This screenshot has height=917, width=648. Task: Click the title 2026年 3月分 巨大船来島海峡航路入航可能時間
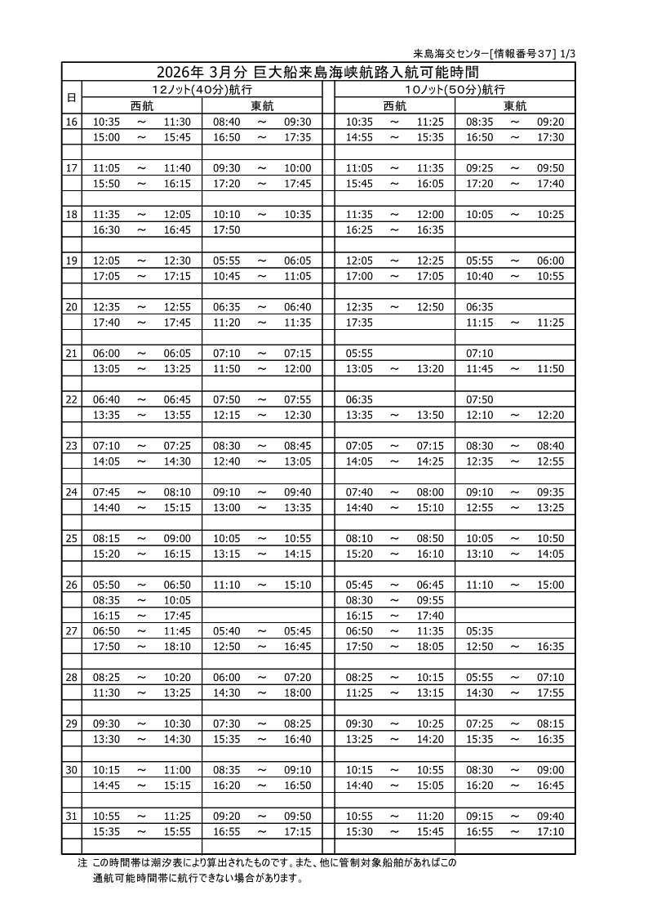click(317, 71)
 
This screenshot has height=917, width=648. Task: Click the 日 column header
click(71, 97)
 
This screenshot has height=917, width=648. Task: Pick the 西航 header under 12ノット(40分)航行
click(142, 105)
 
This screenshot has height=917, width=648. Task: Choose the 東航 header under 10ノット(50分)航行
click(515, 105)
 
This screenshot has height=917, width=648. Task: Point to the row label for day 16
click(71, 122)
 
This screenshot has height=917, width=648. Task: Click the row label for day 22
click(71, 399)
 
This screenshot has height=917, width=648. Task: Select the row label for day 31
click(71, 816)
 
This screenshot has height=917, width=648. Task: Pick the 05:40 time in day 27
click(226, 631)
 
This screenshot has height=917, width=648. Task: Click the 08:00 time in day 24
click(430, 492)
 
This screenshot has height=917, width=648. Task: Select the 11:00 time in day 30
click(177, 770)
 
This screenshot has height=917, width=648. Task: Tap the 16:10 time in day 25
click(430, 554)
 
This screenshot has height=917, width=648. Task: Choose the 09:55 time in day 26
click(430, 600)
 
